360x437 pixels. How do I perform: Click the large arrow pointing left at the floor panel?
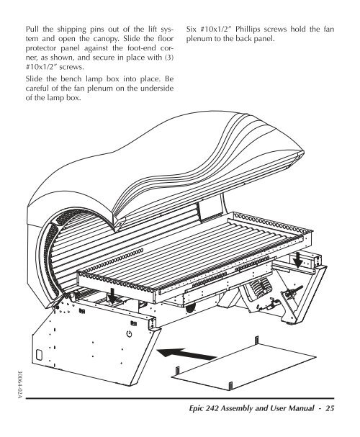coord(186,354)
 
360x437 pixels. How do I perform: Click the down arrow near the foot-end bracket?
coord(298,260)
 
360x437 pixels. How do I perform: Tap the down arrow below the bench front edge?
coord(112,297)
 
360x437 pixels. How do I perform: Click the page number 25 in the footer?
coord(330,408)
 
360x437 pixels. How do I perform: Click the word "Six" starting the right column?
coord(191,29)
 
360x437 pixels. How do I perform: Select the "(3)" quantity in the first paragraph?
coord(169,58)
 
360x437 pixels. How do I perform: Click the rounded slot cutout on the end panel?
coord(40,354)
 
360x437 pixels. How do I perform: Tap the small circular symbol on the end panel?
coord(129,333)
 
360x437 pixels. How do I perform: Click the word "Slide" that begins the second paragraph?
coord(34,78)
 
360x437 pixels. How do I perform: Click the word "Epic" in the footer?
coord(196,409)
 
